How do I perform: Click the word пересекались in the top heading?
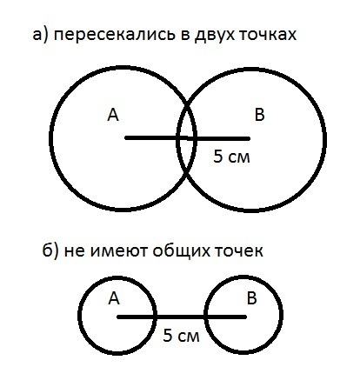click(115, 36)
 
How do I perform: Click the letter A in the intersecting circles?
click(113, 115)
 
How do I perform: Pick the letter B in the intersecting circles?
click(259, 114)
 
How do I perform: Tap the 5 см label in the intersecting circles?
click(231, 157)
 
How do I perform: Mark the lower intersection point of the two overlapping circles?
click(187, 173)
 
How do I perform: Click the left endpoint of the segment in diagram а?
click(126, 138)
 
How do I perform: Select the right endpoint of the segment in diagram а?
click(249, 139)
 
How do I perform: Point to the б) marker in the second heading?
click(51, 250)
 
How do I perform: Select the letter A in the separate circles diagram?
click(114, 298)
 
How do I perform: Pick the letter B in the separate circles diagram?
click(252, 298)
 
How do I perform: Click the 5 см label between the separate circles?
click(181, 336)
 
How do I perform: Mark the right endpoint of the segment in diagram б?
click(245, 317)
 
